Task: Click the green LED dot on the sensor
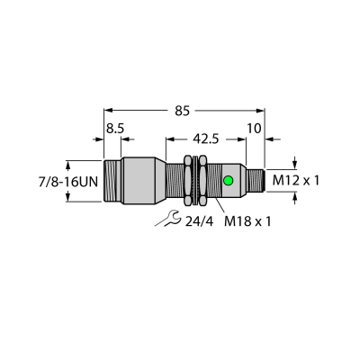tap(229, 181)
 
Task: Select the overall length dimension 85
tap(183, 112)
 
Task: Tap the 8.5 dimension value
tap(115, 129)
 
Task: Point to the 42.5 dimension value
tap(206, 139)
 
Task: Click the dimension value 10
tap(254, 129)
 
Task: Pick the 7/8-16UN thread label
tap(68, 182)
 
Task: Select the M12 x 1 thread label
tap(296, 181)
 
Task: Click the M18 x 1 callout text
tap(247, 221)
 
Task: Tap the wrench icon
tap(167, 219)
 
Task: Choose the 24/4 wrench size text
tap(199, 221)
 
